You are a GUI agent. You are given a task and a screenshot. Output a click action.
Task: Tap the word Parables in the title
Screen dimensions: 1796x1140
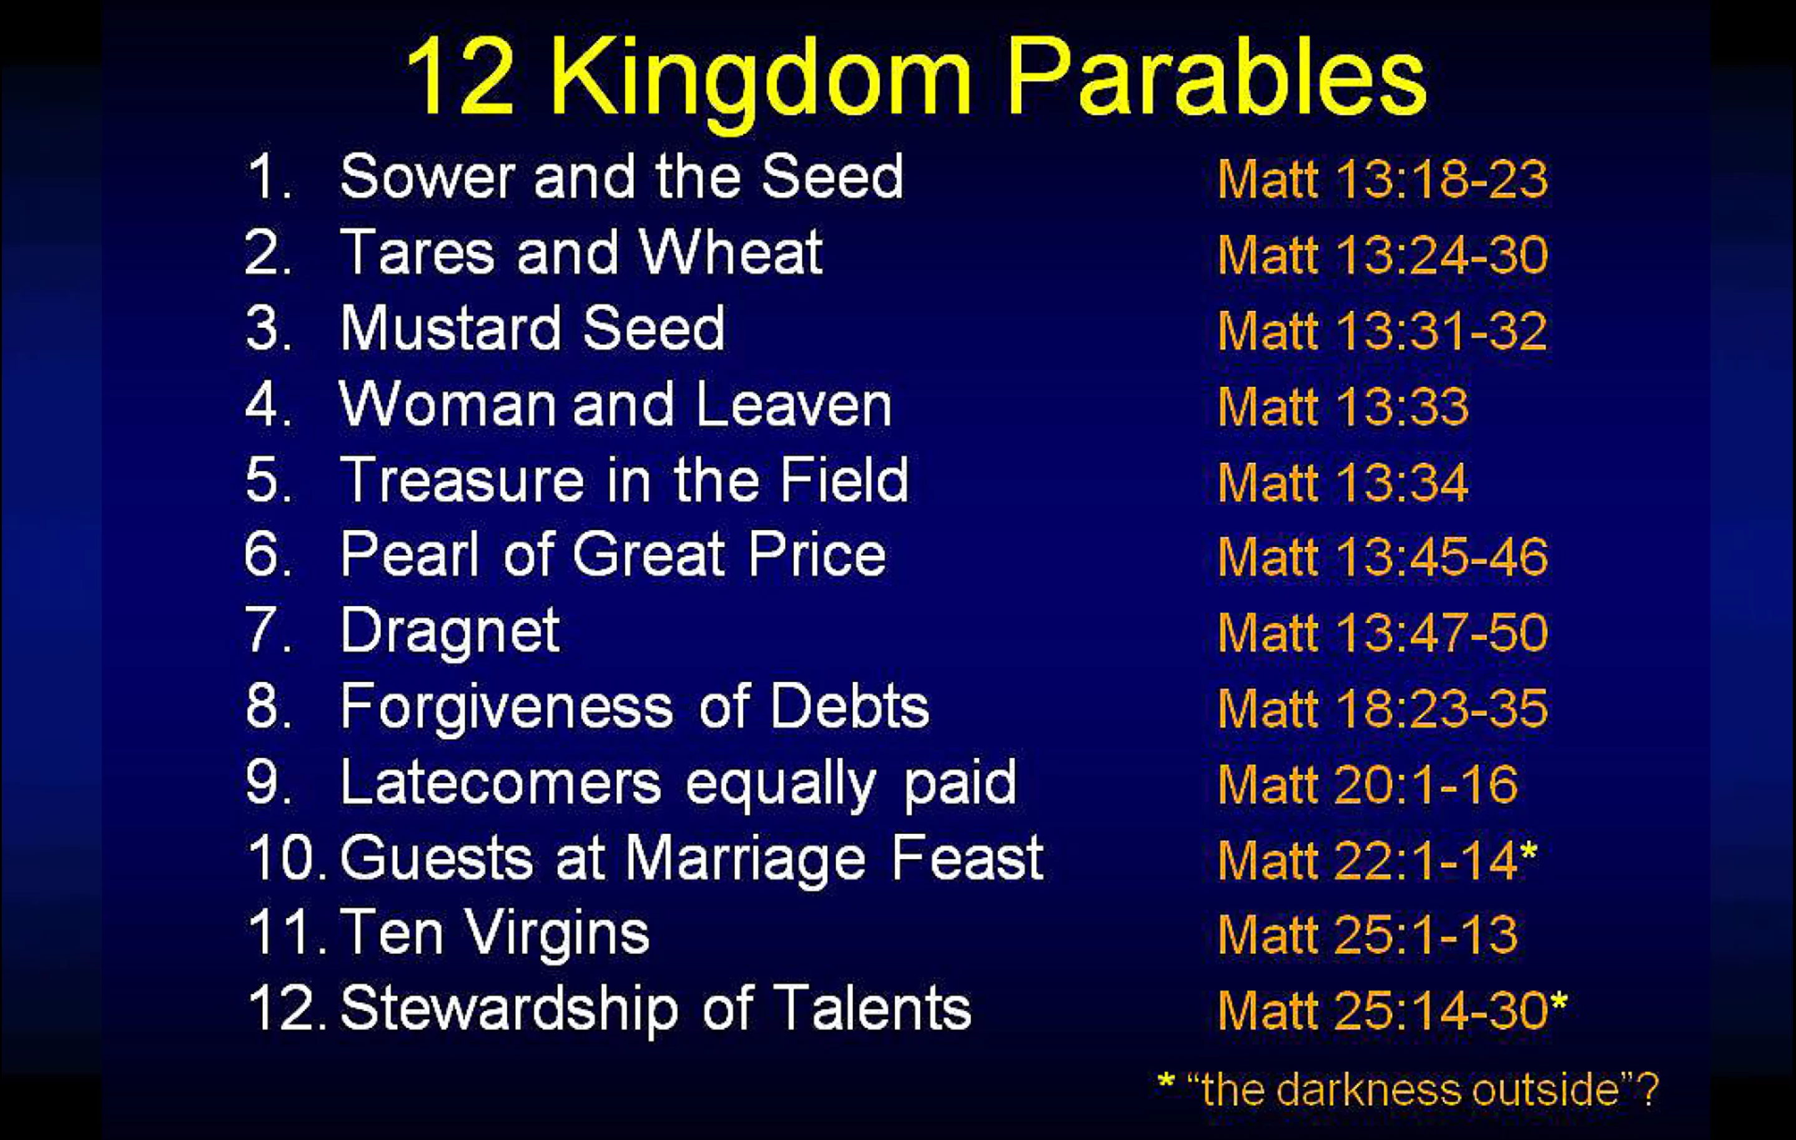pyautogui.click(x=1216, y=74)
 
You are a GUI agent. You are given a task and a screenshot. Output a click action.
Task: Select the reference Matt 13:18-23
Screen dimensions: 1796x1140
pyautogui.click(x=1382, y=180)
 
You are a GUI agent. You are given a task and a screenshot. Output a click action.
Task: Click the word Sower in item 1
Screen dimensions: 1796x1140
pyautogui.click(x=427, y=177)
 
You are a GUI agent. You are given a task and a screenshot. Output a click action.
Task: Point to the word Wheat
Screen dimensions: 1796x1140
pyautogui.click(x=731, y=252)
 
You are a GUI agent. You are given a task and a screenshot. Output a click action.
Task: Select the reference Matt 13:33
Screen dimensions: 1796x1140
pyautogui.click(x=1343, y=407)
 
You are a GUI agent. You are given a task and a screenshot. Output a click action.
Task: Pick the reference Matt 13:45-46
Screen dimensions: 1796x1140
pyautogui.click(x=1382, y=557)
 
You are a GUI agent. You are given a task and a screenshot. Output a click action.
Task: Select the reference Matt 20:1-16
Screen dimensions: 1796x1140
pyautogui.click(x=1367, y=784)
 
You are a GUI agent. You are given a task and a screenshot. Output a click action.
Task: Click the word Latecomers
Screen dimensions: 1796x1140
pyautogui.click(x=500, y=782)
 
